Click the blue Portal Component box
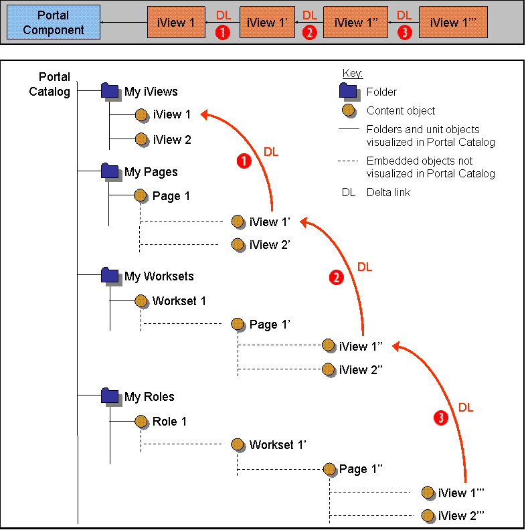54,22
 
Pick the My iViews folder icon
110,91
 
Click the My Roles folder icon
110,396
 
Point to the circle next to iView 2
141,140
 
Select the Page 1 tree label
172,196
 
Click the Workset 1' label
278,444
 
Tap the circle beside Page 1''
328,469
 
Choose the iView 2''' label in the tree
461,516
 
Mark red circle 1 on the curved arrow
245,161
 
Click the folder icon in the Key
348,92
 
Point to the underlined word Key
353,73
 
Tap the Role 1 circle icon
141,422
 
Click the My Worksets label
159,276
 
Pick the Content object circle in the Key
348,110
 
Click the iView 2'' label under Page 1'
363,370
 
